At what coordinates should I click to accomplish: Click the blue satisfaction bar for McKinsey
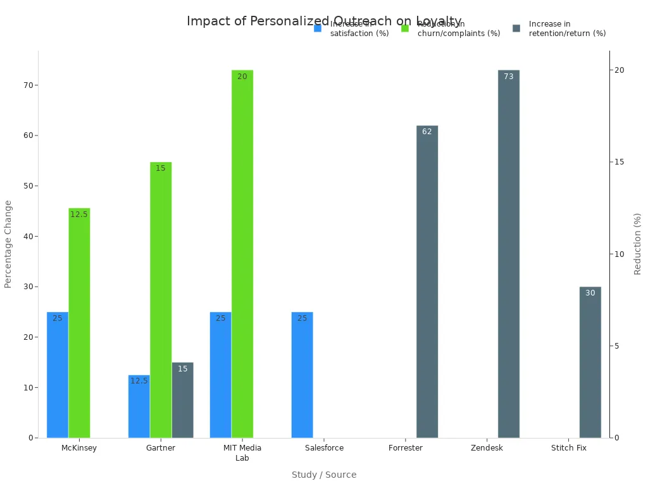point(58,375)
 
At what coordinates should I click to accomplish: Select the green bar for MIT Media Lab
point(242,254)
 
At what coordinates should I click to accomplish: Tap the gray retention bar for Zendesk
point(509,254)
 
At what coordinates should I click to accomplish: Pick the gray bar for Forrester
point(427,282)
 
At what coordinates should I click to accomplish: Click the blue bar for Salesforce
point(302,375)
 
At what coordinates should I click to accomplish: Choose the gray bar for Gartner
point(183,400)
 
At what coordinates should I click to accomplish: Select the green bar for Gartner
point(161,300)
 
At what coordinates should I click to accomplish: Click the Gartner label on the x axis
point(161,448)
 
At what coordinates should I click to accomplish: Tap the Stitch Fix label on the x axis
point(568,448)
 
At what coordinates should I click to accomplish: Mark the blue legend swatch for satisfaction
point(318,28)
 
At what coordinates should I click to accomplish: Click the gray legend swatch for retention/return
point(516,28)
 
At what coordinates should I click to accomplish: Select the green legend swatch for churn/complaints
point(405,28)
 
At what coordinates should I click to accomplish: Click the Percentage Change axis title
point(8,244)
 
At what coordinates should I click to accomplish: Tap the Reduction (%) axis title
point(638,244)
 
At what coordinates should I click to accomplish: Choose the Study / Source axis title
point(324,475)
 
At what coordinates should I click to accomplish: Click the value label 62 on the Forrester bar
point(427,132)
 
